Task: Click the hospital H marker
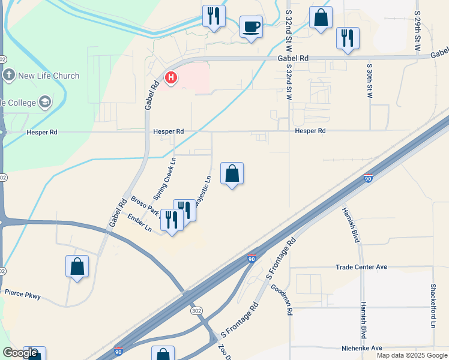[171, 78]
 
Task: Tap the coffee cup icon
[251, 26]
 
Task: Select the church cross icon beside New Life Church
[8, 76]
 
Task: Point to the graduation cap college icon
[45, 102]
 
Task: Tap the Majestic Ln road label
[205, 187]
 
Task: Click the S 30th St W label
[369, 78]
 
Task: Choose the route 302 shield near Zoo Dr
[196, 311]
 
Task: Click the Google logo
[20, 353]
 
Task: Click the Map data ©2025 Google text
[411, 355]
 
